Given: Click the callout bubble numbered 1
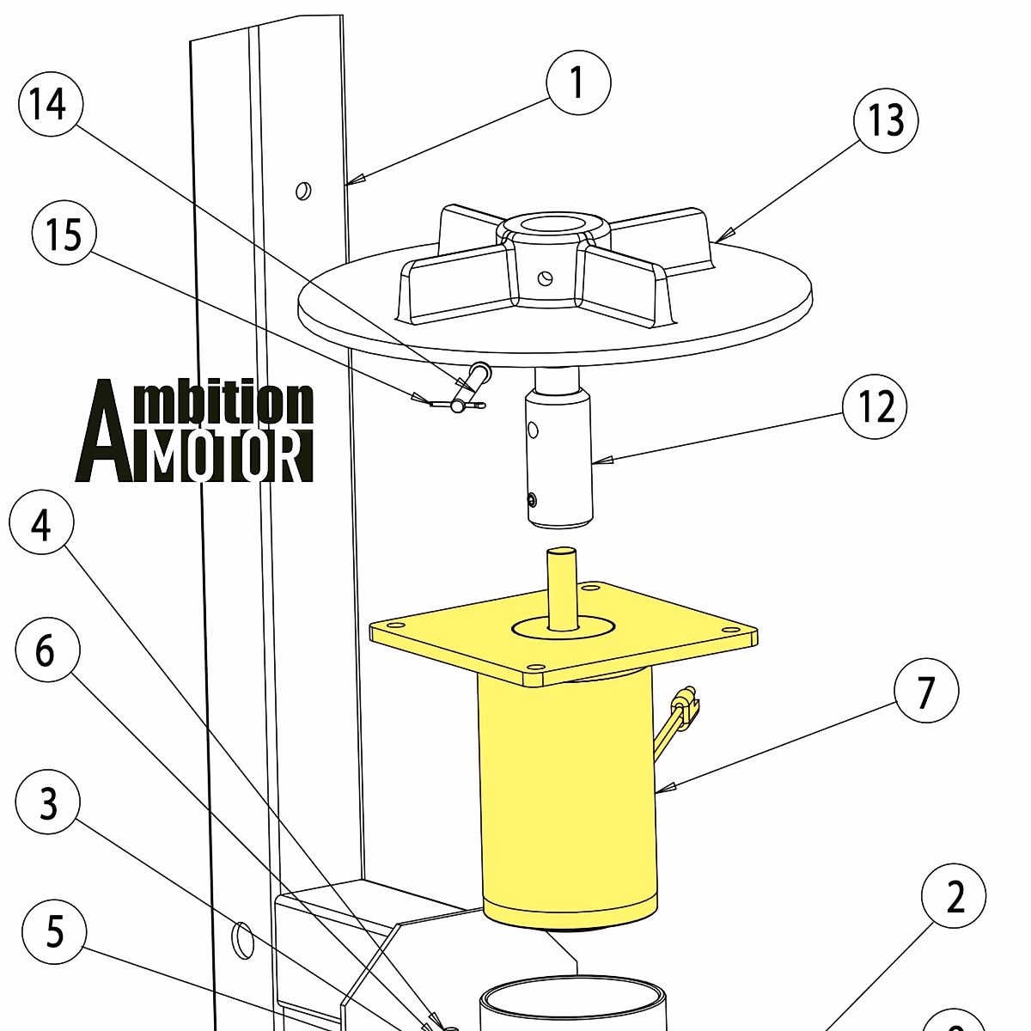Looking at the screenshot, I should pyautogui.click(x=578, y=83).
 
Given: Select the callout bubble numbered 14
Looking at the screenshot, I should pyautogui.click(x=50, y=105).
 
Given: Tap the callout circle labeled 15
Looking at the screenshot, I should pyautogui.click(x=64, y=234).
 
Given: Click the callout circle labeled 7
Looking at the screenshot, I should pyautogui.click(x=925, y=692).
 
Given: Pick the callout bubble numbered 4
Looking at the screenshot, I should pyautogui.click(x=41, y=524).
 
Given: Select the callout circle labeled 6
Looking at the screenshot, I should pyautogui.click(x=47, y=650).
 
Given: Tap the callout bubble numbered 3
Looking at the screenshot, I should pyautogui.click(x=48, y=802).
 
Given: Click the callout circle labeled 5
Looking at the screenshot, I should pyautogui.click(x=54, y=931).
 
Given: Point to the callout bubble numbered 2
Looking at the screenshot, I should pyautogui.click(x=954, y=896).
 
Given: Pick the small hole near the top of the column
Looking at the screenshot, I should pyautogui.click(x=302, y=190).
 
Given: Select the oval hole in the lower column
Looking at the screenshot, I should pyautogui.click(x=244, y=940).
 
